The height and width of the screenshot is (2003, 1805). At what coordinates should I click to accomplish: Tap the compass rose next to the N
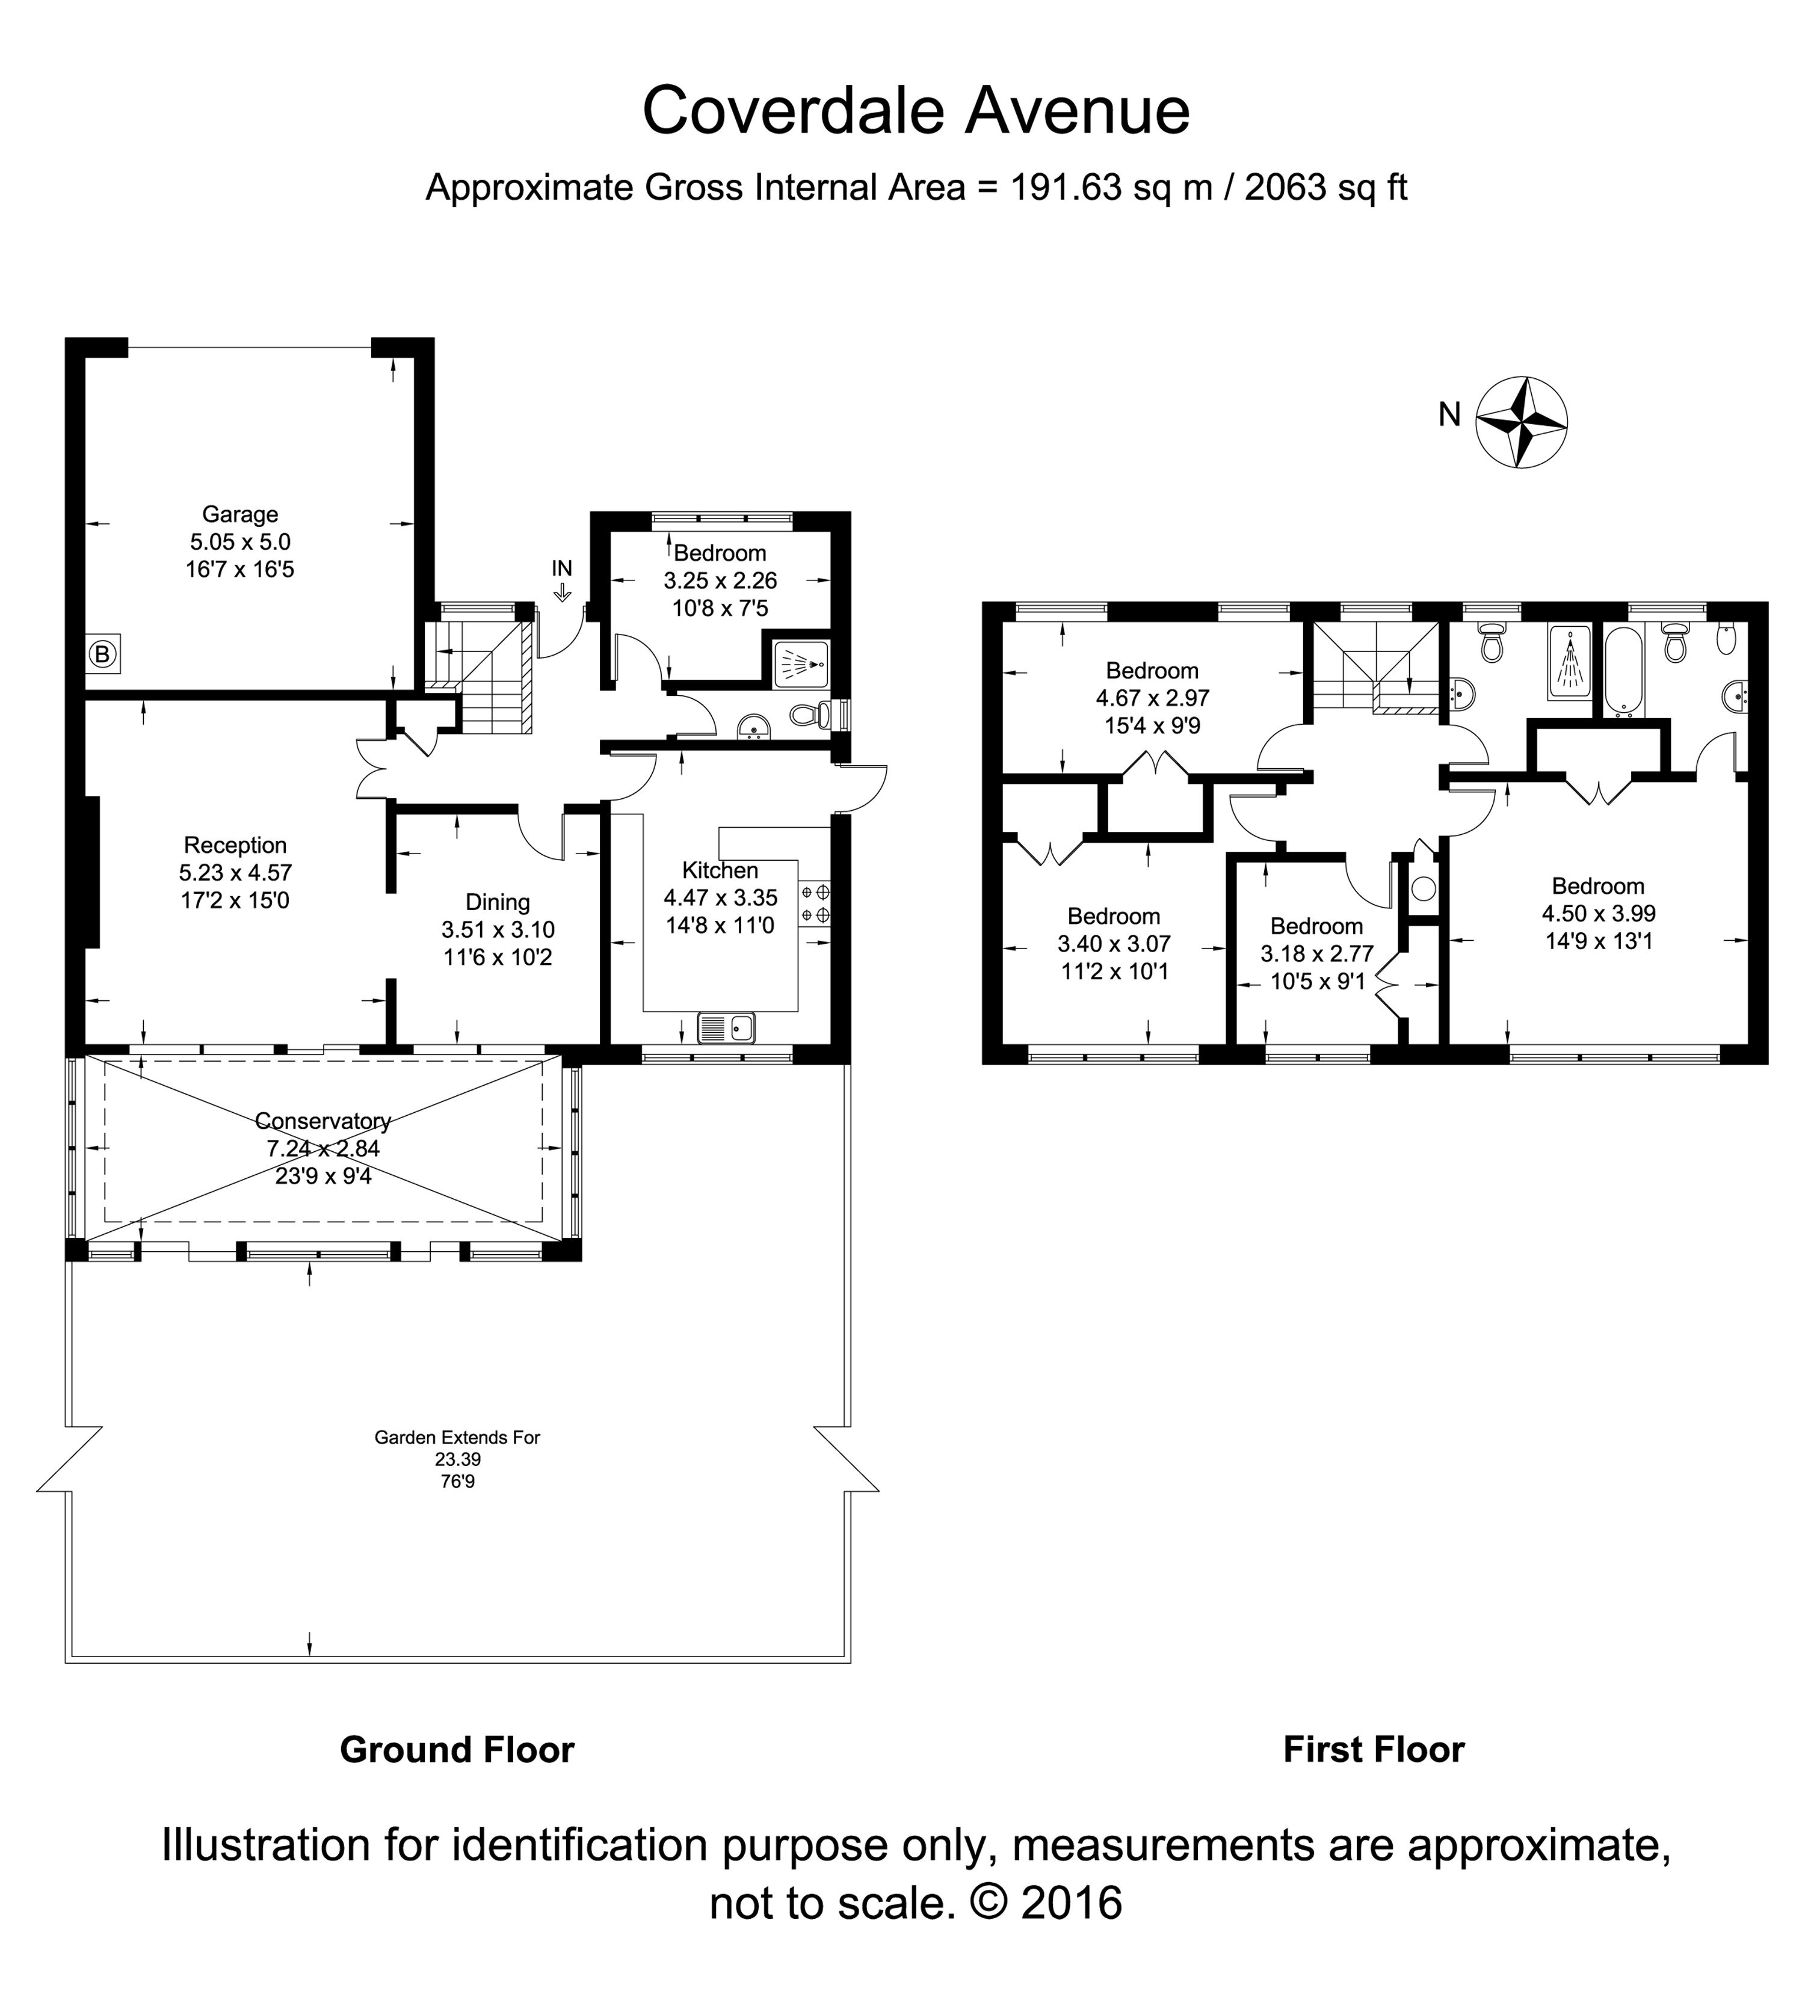[x=1522, y=422]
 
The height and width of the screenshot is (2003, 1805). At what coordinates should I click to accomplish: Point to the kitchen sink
[x=726, y=1029]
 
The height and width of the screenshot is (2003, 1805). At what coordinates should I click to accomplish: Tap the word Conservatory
[x=323, y=1121]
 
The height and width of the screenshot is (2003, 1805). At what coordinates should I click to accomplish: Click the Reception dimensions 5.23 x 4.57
[x=235, y=873]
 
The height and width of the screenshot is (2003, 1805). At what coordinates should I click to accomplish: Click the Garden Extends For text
[x=457, y=1437]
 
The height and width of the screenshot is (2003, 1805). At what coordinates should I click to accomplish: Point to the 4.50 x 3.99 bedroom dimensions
[x=1599, y=913]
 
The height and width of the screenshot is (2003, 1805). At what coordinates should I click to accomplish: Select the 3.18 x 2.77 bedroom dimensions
[x=1317, y=954]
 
